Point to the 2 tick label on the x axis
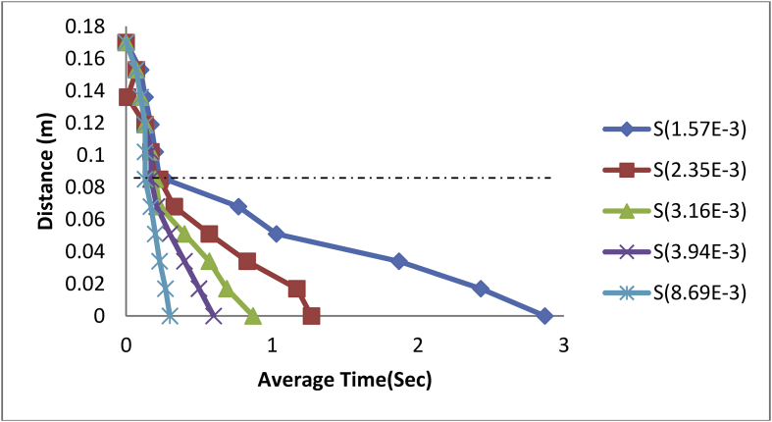(418, 344)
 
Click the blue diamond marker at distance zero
(544, 316)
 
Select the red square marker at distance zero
(311, 316)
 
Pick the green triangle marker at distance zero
(252, 316)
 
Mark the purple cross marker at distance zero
(214, 316)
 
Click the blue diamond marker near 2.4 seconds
(480, 289)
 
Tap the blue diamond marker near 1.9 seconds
(398, 261)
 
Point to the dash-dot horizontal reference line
(392, 178)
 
